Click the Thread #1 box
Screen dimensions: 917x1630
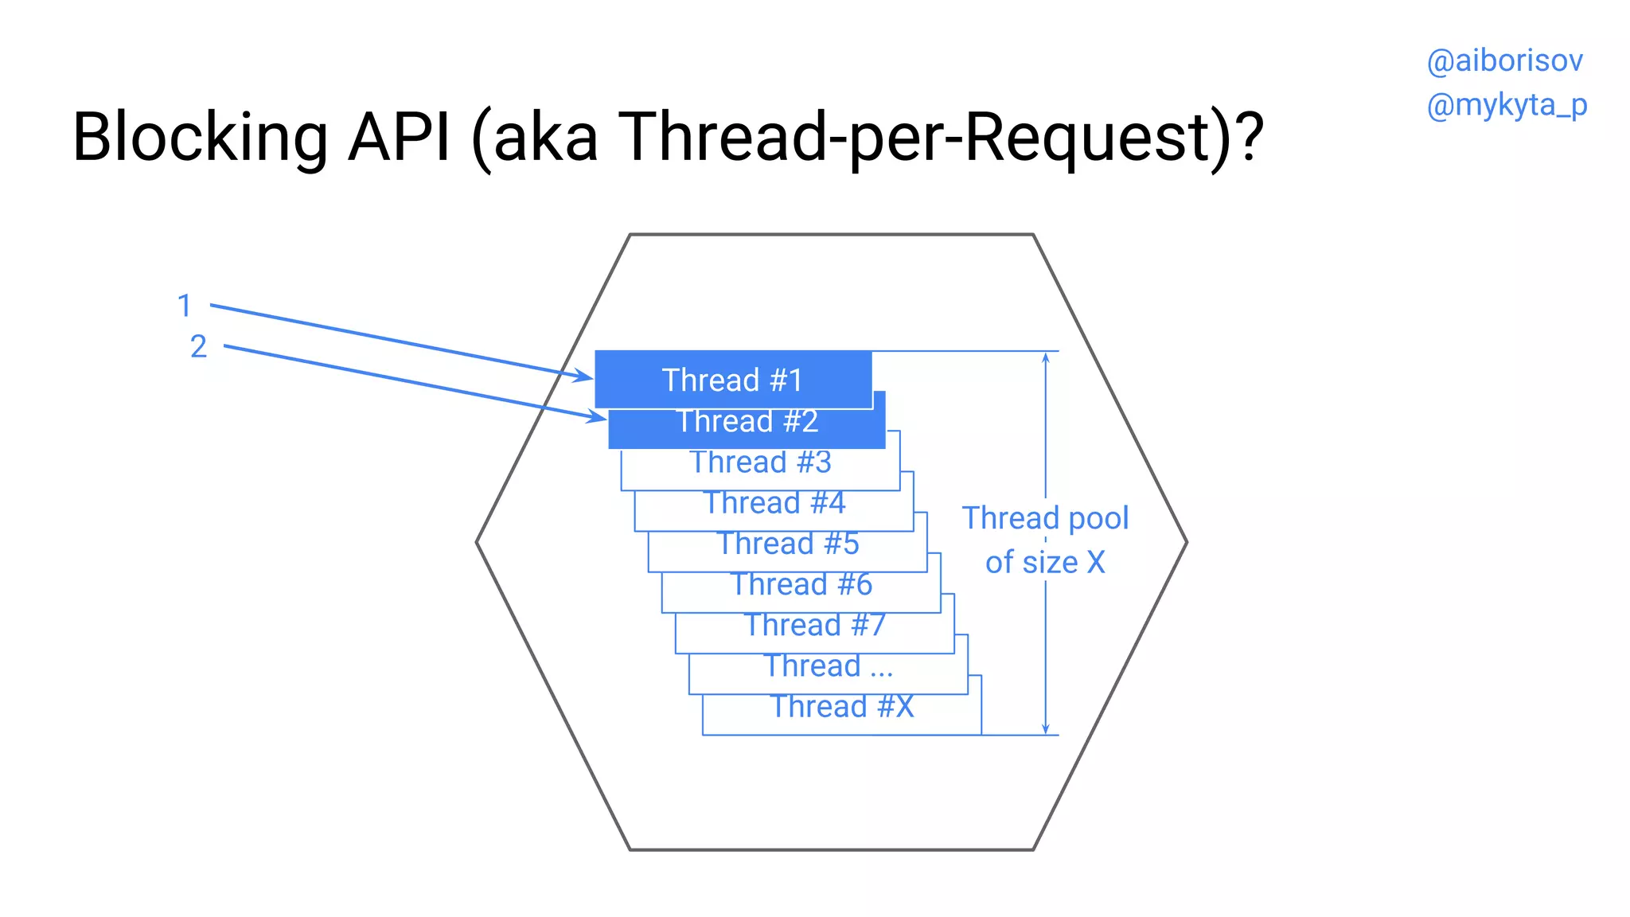(x=733, y=380)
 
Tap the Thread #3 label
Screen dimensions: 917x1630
(x=761, y=462)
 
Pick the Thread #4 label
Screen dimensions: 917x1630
(x=774, y=503)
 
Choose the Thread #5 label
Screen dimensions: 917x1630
(x=788, y=544)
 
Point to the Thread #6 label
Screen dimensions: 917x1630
(x=801, y=584)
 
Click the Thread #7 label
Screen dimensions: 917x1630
(x=815, y=625)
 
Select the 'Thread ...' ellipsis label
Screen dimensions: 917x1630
(x=829, y=665)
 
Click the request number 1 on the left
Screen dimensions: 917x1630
(x=185, y=306)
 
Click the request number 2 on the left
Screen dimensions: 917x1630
(x=198, y=346)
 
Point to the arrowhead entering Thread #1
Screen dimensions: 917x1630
(x=585, y=376)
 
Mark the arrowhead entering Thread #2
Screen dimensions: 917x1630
(x=599, y=416)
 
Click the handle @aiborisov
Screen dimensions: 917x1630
(x=1504, y=61)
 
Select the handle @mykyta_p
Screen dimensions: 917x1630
(x=1507, y=105)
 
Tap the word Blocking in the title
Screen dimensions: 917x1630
(x=200, y=137)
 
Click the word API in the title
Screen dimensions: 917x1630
(x=400, y=137)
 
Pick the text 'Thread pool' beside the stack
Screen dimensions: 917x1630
(x=1045, y=518)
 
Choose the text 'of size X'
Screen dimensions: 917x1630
(x=1045, y=563)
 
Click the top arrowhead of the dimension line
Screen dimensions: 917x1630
(x=1046, y=358)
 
